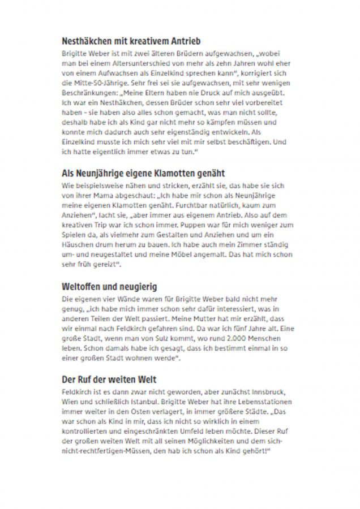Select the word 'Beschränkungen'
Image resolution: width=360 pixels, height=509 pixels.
tap(87, 91)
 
